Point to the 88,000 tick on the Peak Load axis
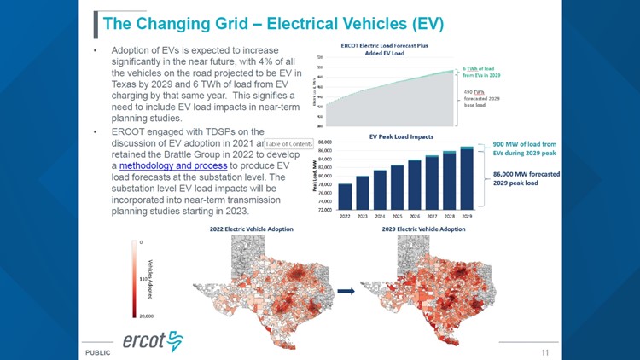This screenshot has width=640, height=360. tap(324, 142)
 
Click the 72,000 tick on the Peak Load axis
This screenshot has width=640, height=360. tap(324, 209)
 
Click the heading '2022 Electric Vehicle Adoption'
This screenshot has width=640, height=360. tap(256, 229)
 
